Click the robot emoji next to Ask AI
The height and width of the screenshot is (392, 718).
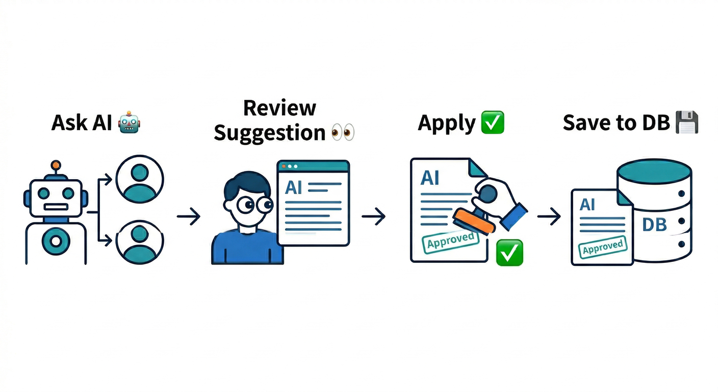pos(129,124)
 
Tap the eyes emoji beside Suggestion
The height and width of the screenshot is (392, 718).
pos(342,133)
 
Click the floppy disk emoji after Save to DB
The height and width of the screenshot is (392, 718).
pos(686,123)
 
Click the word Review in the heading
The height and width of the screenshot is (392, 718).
pos(279,108)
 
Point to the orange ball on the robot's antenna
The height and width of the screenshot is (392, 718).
pos(55,165)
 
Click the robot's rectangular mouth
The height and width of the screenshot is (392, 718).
pos(56,207)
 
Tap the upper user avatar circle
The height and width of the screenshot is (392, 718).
pos(139,179)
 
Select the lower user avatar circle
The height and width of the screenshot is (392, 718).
pos(139,241)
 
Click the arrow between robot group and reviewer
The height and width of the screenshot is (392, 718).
pos(189,217)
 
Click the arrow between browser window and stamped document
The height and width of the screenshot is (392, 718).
pos(373,217)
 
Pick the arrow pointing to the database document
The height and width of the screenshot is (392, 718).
pos(549,217)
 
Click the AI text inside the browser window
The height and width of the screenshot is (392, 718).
pos(293,188)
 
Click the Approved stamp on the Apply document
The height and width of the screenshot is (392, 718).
pos(450,240)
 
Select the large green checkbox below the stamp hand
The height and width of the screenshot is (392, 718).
pos(509,253)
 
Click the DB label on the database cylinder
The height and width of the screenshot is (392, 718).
pos(654,224)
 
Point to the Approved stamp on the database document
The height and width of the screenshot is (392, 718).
pos(603,248)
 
